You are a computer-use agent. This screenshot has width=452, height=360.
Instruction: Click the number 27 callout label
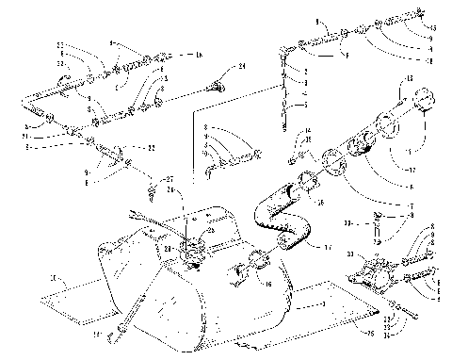pos(169,178)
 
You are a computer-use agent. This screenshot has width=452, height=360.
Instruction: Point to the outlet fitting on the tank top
pos(195,250)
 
